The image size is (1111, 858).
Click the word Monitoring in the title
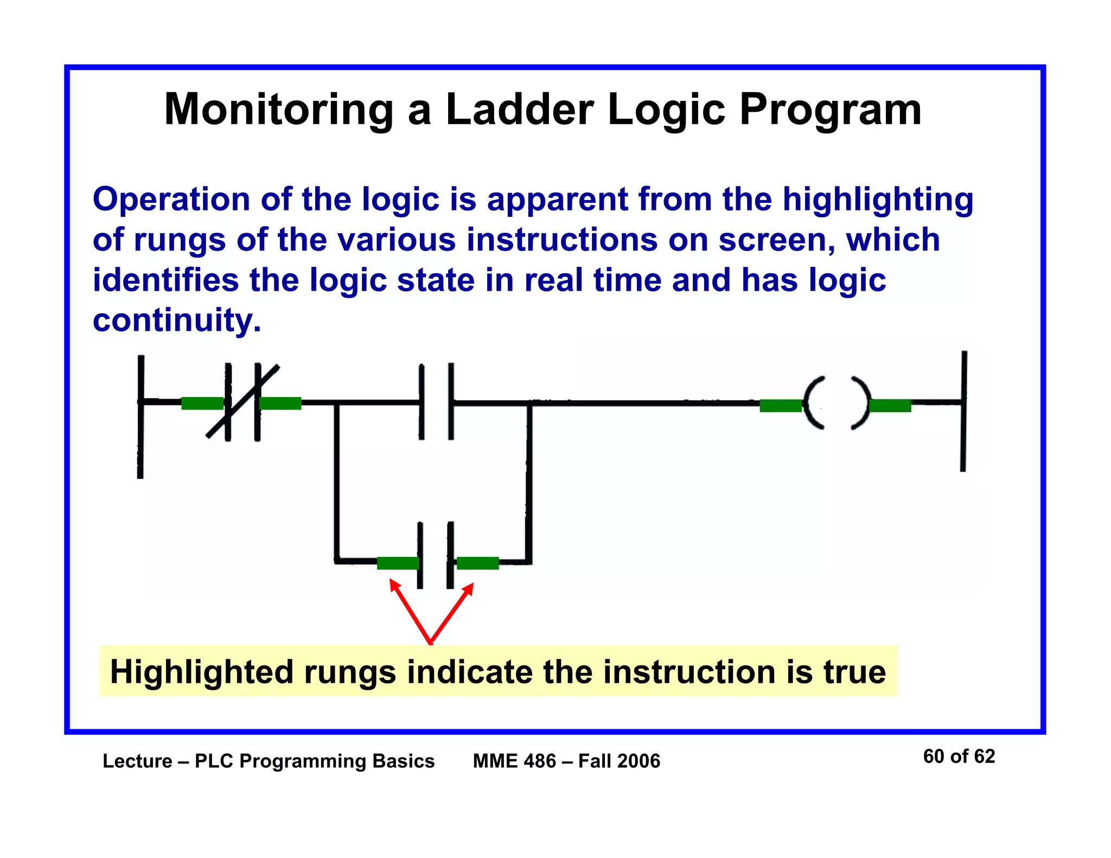point(278,110)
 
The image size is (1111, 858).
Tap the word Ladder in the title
point(520,110)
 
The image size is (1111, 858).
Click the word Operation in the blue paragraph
point(171,200)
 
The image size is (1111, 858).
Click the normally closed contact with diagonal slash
point(242,402)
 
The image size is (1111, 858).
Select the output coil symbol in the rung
point(836,403)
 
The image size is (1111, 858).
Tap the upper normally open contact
point(436,402)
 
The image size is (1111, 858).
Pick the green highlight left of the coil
point(780,406)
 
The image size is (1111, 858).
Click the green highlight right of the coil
point(890,406)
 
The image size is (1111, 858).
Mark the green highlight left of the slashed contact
point(202,403)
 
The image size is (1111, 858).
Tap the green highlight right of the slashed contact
point(280,403)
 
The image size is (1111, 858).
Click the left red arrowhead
point(394,585)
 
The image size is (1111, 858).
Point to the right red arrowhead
point(469,588)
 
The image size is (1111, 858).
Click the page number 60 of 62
point(959,757)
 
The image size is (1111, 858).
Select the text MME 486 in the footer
point(514,761)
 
